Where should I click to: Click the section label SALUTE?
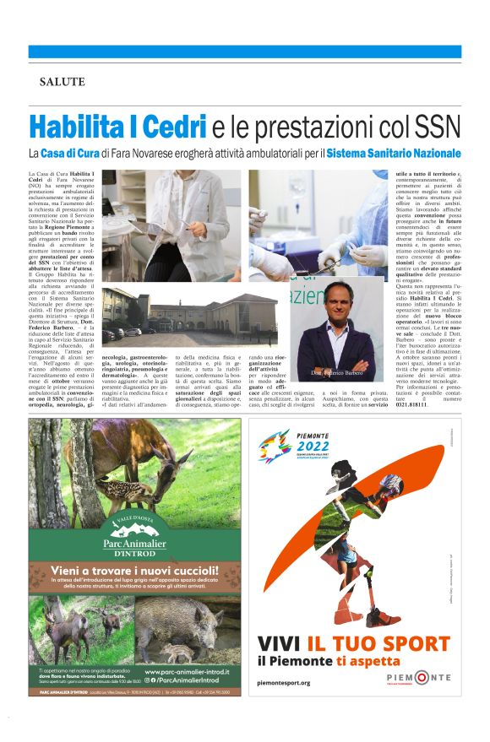point(62,81)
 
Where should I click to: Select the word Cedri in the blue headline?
point(174,127)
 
